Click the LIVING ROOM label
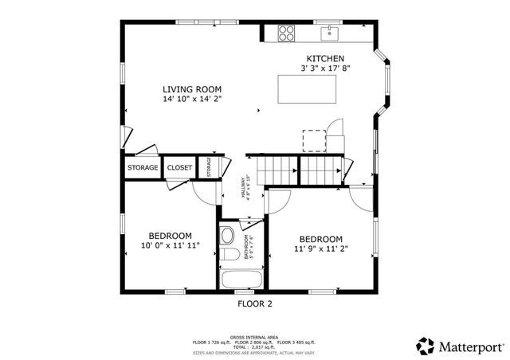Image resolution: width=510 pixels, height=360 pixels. (192, 89)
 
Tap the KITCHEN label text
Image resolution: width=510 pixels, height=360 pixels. (326, 59)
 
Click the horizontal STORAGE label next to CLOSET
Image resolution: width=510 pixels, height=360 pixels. (143, 168)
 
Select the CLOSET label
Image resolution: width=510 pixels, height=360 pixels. (179, 168)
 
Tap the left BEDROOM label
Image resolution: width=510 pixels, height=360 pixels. (170, 235)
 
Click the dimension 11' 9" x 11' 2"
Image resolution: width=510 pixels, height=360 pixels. (320, 248)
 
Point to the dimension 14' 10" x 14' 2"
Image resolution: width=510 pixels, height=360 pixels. (192, 100)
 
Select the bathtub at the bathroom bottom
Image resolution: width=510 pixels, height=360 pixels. (241, 280)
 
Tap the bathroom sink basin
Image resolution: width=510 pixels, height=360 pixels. (228, 236)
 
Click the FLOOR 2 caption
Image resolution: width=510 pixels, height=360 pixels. (255, 303)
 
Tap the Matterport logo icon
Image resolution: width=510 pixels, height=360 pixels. (426, 346)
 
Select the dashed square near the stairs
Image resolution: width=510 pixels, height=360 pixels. (314, 140)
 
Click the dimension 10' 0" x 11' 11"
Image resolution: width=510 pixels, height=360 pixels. (170, 245)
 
